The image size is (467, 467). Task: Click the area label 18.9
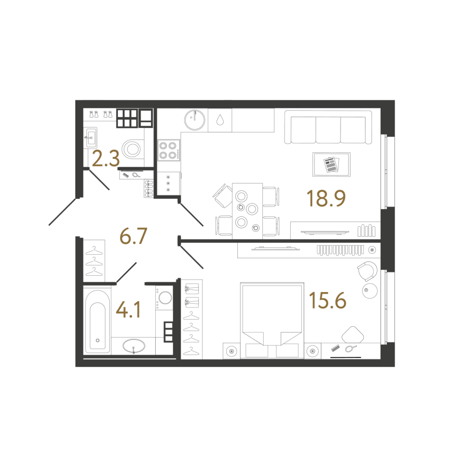[326, 198]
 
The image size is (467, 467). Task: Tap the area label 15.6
[327, 301]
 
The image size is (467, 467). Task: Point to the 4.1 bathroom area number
[128, 310]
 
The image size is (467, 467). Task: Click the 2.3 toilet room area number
[106, 158]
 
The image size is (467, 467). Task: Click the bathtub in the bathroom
[97, 322]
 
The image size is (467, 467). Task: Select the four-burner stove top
[169, 150]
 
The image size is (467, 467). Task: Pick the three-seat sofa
[328, 127]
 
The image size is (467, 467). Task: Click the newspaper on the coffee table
[331, 164]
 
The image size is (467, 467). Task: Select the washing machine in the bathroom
[165, 298]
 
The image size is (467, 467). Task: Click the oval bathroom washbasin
[134, 346]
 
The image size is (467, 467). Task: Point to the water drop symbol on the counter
[220, 120]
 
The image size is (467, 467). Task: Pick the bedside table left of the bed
[231, 351]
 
